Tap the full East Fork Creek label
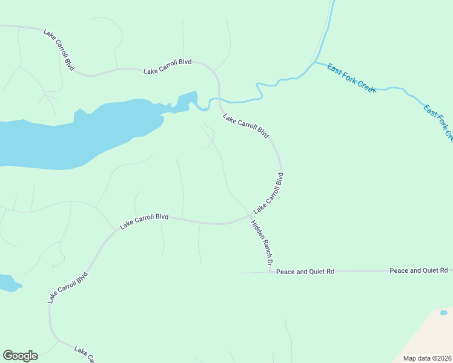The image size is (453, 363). tap(351, 78)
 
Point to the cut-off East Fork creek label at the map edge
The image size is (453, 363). tap(438, 123)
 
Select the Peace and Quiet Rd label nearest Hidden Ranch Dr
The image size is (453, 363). tap(305, 272)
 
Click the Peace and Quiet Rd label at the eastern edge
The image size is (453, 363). tap(418, 270)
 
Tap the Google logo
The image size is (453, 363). tap(20, 356)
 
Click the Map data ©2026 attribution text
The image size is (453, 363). tap(427, 358)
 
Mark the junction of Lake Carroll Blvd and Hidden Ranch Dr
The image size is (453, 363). tap(250, 215)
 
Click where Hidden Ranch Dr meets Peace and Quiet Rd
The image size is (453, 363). tap(271, 272)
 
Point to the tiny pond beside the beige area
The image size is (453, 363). tap(443, 312)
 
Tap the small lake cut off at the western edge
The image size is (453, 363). tap(7, 282)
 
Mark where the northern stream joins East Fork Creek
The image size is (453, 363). tap(314, 62)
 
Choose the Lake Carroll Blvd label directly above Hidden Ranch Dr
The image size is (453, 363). tap(269, 193)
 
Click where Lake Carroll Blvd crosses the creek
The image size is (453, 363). tap(219, 99)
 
